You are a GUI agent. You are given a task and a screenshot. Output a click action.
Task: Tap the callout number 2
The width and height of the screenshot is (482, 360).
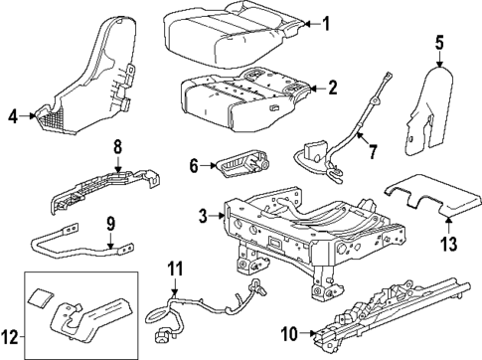tap(332, 89)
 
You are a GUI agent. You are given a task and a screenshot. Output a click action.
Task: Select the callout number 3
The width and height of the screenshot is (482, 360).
tap(203, 216)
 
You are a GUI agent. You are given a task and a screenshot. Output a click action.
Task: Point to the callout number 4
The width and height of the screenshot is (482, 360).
tap(14, 117)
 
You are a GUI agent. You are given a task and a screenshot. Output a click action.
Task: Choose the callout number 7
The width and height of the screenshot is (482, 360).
tap(373, 153)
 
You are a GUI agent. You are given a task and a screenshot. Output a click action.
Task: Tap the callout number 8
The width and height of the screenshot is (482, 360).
tap(117, 148)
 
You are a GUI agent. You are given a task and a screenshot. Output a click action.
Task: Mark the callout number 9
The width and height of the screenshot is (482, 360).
tap(111, 225)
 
